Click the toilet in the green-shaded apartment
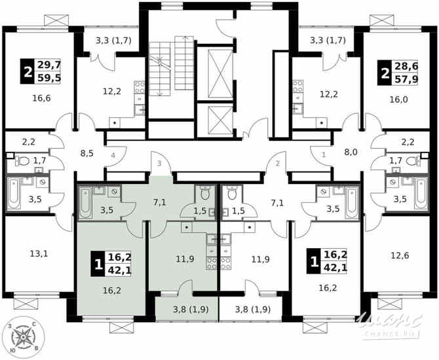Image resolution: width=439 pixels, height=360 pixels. coord(204,193)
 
